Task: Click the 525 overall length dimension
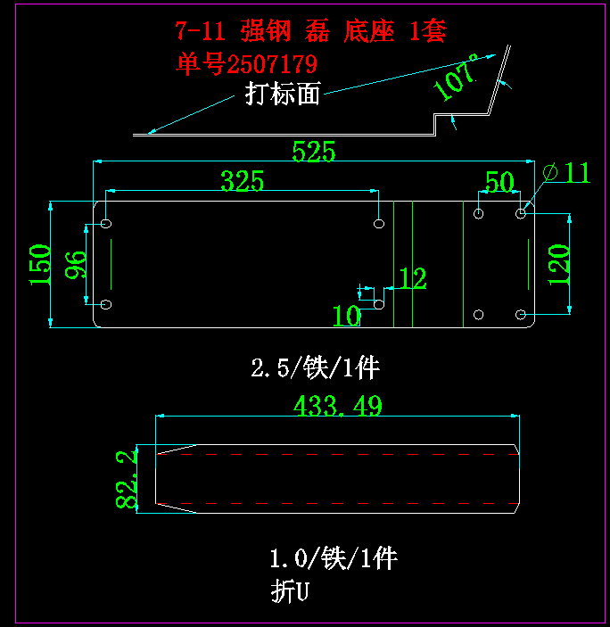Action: point(314,153)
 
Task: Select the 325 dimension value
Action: point(243,182)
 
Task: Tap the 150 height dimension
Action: point(40,264)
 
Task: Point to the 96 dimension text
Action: point(77,265)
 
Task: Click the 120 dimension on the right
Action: point(558,264)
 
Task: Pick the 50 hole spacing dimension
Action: point(499,183)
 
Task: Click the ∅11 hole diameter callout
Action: point(566,172)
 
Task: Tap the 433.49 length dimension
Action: point(338,407)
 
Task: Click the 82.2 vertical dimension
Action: point(127,480)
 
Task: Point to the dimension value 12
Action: point(412,279)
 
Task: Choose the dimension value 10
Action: point(347,315)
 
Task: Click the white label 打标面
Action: point(283,94)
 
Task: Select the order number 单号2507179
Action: point(247,65)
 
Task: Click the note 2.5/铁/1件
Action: point(317,367)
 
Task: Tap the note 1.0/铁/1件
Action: point(333,559)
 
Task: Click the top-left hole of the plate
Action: point(107,222)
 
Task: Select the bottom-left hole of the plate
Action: point(106,305)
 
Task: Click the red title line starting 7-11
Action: point(310,32)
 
